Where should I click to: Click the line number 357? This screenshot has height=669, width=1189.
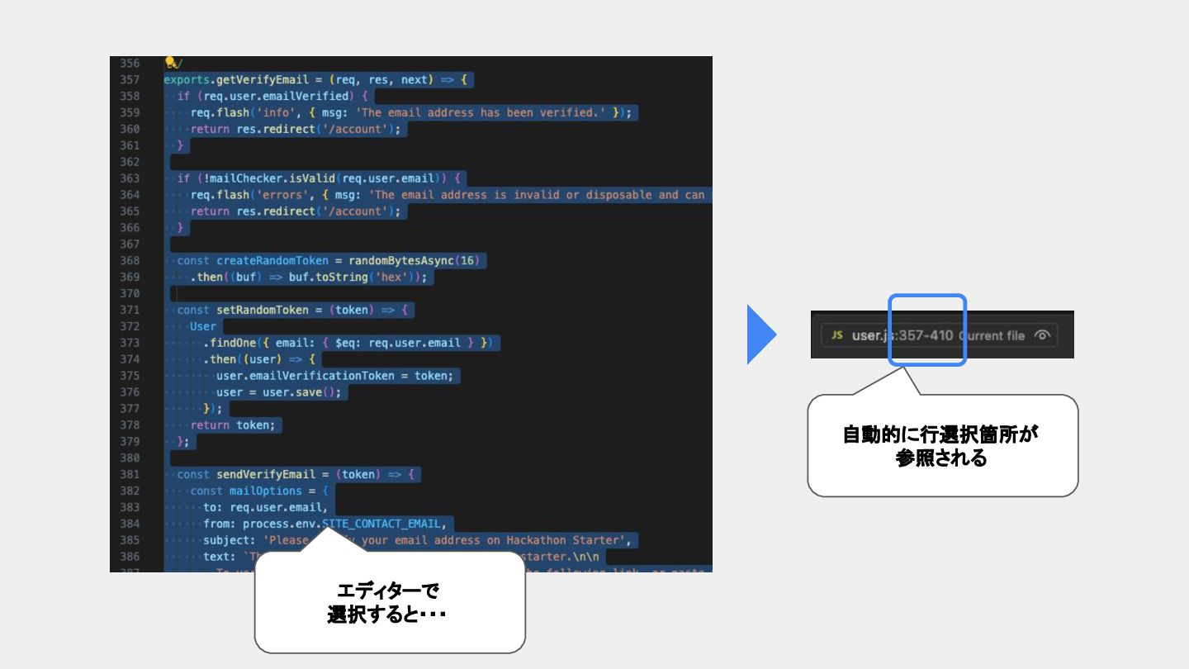click(x=130, y=80)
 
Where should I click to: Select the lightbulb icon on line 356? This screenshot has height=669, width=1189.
click(x=171, y=63)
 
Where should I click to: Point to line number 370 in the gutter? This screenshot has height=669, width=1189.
click(x=130, y=293)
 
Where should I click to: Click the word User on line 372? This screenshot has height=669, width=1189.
click(x=203, y=326)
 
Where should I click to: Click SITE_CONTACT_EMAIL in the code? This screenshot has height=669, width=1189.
click(x=382, y=524)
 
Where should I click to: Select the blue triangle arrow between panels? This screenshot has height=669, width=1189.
click(x=760, y=334)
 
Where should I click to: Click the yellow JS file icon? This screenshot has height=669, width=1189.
click(x=836, y=335)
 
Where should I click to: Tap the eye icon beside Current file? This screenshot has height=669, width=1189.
click(x=1042, y=335)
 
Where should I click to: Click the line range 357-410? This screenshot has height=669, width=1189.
click(x=926, y=335)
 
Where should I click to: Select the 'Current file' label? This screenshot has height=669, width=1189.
click(x=992, y=335)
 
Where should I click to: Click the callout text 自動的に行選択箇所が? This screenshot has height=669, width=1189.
click(x=940, y=435)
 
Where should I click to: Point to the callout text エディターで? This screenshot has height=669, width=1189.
click(x=388, y=591)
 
